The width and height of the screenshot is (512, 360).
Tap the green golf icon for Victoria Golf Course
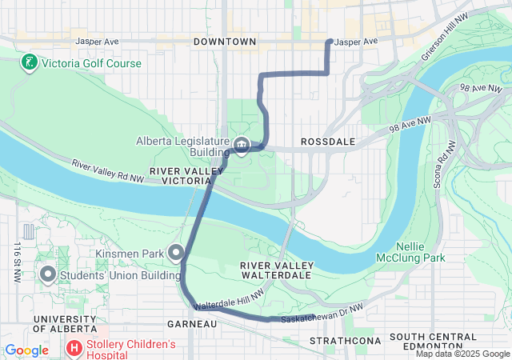click(29, 62)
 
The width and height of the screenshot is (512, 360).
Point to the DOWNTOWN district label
click(225, 42)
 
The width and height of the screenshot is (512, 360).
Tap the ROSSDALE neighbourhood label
click(326, 142)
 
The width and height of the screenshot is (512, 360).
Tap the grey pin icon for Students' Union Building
click(47, 276)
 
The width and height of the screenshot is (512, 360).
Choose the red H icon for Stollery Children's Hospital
click(74, 349)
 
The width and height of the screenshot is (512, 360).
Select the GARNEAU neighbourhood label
click(192, 324)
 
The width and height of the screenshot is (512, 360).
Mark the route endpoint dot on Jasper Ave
click(330, 42)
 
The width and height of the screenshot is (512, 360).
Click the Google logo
click(27, 350)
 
